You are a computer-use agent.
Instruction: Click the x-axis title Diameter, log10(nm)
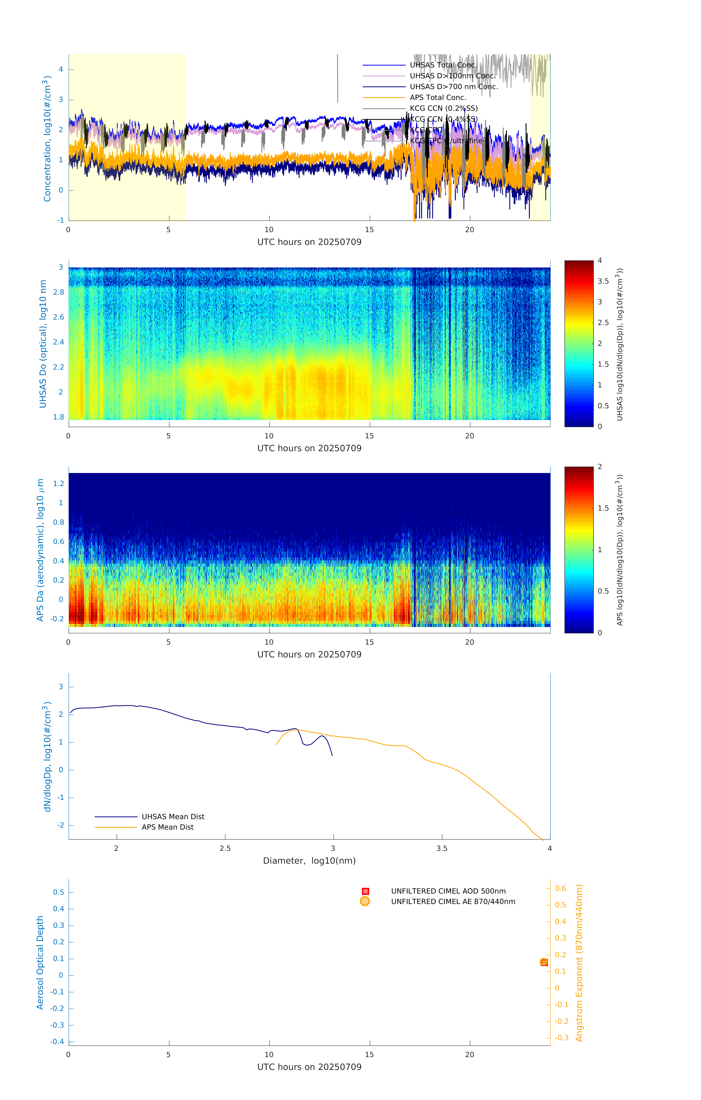click(x=309, y=861)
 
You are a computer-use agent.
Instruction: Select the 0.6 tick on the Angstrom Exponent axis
click(x=560, y=888)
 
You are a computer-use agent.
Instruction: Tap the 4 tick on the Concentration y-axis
click(x=61, y=69)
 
